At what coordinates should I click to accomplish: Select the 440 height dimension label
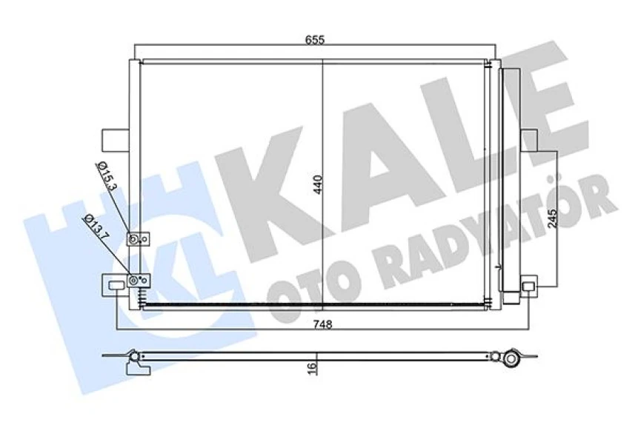coord(318,183)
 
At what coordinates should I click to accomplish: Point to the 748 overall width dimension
coord(321,324)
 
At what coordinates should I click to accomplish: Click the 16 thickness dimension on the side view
coord(313,365)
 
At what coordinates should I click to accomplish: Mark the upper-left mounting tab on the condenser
coord(114,139)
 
